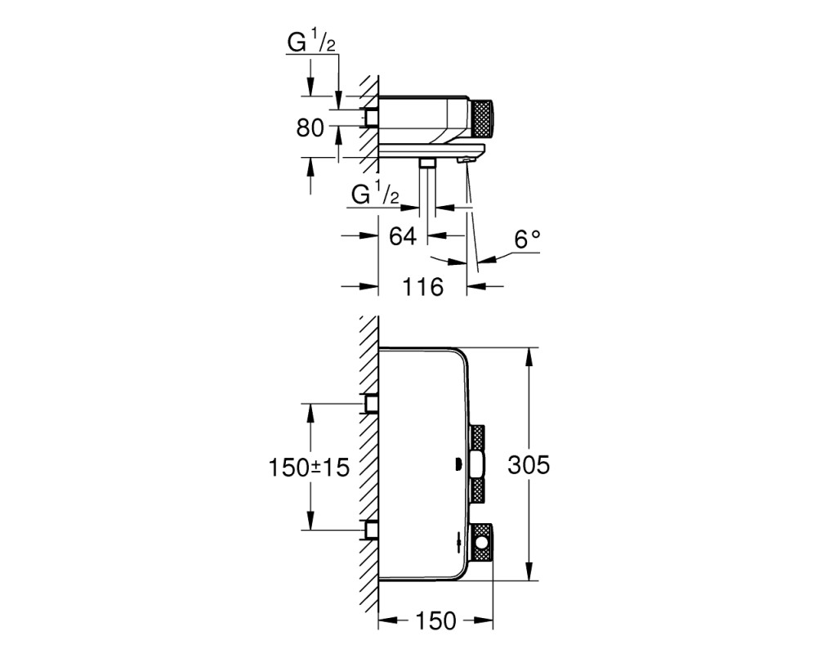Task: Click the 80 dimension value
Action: (310, 128)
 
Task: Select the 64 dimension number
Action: (403, 235)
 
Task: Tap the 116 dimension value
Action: (422, 286)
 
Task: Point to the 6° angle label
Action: (527, 240)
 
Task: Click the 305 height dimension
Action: (529, 464)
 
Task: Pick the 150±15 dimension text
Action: (309, 468)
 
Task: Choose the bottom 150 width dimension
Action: (435, 620)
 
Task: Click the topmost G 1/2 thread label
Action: (311, 43)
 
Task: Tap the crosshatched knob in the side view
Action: (483, 119)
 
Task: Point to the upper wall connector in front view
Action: (372, 404)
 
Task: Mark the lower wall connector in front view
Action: (372, 530)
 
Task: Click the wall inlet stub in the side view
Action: (372, 118)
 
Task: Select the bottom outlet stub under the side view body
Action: (428, 163)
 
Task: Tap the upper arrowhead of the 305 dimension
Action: (529, 358)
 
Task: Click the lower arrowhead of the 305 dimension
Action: (529, 570)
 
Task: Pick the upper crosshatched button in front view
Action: (478, 438)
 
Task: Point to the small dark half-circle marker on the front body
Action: (457, 464)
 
